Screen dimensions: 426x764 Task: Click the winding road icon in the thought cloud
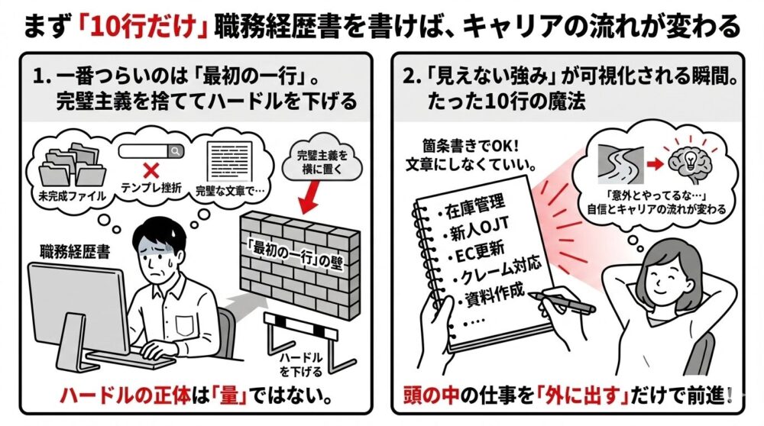pyautogui.click(x=620, y=162)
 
